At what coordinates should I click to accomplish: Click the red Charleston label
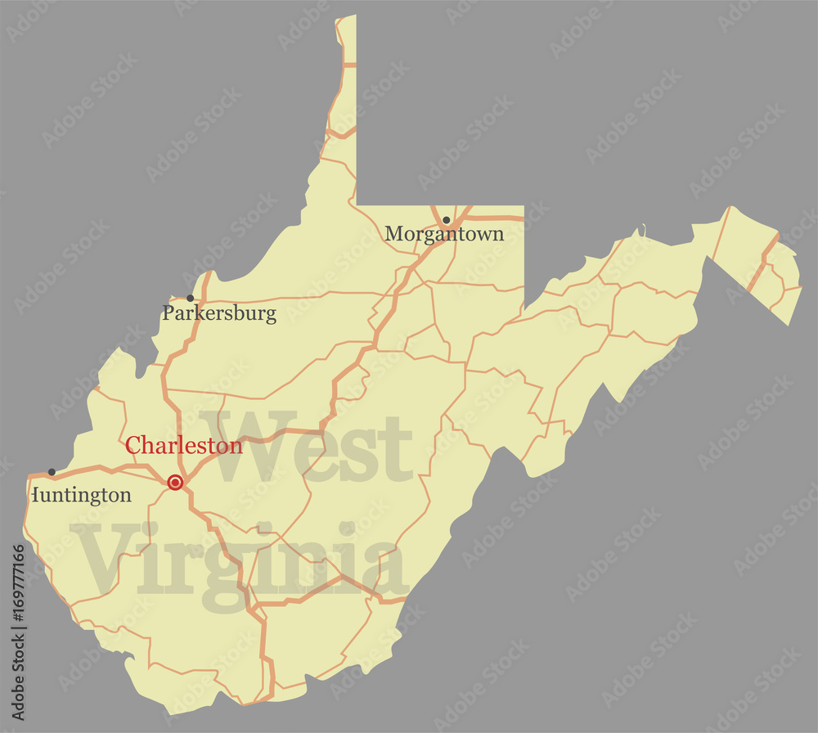184,446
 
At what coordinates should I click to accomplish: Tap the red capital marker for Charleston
175,483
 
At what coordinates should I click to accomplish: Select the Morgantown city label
444,234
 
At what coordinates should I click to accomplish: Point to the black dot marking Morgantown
446,220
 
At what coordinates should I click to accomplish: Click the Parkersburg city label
219,313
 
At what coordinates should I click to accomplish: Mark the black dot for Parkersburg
191,298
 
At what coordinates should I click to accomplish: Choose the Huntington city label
81,495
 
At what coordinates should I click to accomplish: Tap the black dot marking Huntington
52,472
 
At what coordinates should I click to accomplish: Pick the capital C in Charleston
133,446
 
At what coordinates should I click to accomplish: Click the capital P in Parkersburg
169,313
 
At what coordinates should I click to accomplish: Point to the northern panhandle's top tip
346,17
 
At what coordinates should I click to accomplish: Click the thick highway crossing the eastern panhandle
761,263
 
